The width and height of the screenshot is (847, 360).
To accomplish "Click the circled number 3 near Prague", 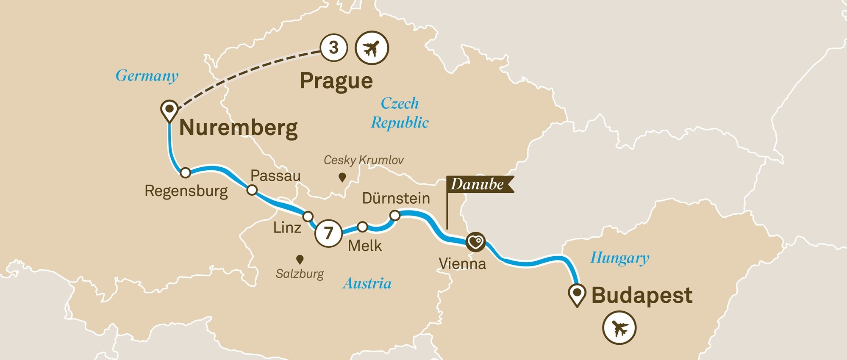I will pos(334,48).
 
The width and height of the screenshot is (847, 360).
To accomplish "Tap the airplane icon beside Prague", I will pos(372,48).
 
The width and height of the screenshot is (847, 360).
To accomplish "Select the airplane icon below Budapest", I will pos(619,327).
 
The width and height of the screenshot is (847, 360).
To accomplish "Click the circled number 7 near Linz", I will pos(328,233).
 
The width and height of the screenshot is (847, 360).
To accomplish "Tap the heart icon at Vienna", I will pos(475,242).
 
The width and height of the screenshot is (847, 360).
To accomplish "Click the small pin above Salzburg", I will pos(300,259).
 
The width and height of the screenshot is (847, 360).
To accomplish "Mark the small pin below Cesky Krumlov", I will pos(342,177).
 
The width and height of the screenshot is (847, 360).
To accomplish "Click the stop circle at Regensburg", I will pos(185,173).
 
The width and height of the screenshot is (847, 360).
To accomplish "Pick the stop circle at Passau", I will pos(252,190).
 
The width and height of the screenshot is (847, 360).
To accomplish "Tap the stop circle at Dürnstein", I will pos(394,216).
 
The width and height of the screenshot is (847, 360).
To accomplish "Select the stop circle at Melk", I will pos(363,227).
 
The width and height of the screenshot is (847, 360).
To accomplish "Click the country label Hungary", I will pos(620,258).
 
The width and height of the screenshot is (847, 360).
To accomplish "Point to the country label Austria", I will pos(367,283).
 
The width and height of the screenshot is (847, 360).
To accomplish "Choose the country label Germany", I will pos(147,76).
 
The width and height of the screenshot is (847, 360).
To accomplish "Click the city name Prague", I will pos(336,80).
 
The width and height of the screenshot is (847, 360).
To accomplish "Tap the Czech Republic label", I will pos(400,113).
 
